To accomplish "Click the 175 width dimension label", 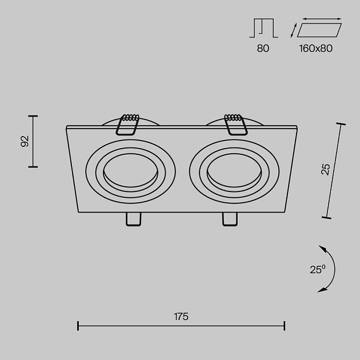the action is (x=181, y=317).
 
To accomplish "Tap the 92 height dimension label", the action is (x=25, y=141).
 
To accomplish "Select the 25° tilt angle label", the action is (x=318, y=269).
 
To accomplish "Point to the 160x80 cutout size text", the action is (x=315, y=49).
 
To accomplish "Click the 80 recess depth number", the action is (x=263, y=49).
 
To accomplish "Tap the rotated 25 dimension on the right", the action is (x=326, y=170).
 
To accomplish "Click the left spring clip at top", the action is (x=127, y=124).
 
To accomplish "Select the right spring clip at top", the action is (x=236, y=124).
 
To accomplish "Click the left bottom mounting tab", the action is (x=133, y=219).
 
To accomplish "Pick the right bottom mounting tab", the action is (x=230, y=219).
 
